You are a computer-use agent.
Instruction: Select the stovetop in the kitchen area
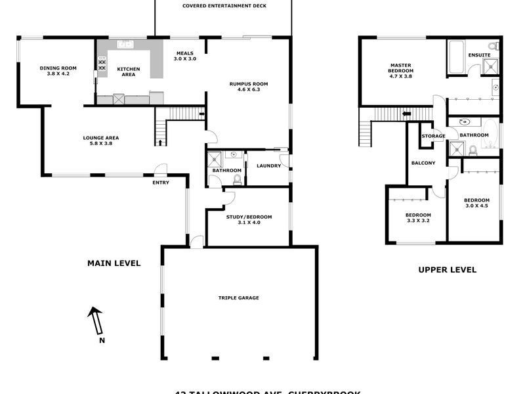(x=102, y=64)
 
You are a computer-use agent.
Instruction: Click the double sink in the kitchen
(x=125, y=44)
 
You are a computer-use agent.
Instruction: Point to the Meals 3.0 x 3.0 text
(x=185, y=56)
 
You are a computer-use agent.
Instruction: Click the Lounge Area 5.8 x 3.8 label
(x=100, y=141)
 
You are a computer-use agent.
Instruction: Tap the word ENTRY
(x=161, y=183)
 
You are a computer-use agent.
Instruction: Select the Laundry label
(x=268, y=165)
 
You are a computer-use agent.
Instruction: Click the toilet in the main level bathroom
(x=237, y=178)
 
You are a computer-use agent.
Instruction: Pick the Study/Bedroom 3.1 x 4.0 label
(x=249, y=219)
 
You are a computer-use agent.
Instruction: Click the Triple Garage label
(x=239, y=297)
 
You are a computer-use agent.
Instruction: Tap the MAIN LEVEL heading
(x=114, y=263)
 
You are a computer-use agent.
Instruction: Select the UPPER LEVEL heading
(x=447, y=269)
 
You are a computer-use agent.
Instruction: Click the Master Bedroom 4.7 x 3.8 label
(x=400, y=70)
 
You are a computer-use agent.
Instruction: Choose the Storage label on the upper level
(x=433, y=136)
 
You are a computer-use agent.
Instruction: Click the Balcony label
(x=423, y=163)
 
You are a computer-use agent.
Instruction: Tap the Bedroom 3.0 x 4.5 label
(x=476, y=203)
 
